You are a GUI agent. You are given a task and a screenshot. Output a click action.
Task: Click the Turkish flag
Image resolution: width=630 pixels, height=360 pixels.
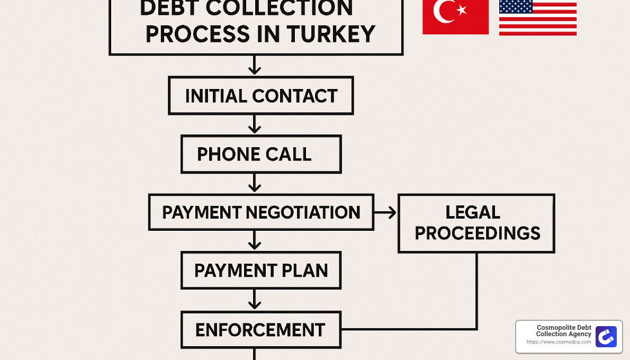pyautogui.click(x=455, y=17)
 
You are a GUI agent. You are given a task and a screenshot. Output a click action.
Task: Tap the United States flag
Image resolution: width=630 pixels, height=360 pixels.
pyautogui.click(x=537, y=17)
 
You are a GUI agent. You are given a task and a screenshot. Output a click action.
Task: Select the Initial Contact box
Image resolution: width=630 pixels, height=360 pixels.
pyautogui.click(x=260, y=96)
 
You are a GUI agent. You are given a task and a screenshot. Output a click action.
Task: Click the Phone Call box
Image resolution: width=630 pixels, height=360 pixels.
pyautogui.click(x=260, y=154)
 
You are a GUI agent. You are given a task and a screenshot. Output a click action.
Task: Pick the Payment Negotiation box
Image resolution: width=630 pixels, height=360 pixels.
pyautogui.click(x=260, y=212)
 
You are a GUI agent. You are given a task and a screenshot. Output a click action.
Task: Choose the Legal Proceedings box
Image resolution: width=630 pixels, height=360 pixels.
pyautogui.click(x=476, y=223)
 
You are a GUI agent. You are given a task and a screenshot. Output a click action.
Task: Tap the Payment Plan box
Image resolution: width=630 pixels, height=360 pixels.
pyautogui.click(x=260, y=271)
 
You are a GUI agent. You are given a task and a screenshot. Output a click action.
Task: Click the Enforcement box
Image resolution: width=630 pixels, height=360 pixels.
pyautogui.click(x=260, y=329)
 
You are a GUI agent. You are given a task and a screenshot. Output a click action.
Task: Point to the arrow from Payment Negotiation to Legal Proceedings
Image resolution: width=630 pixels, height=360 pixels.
pyautogui.click(x=385, y=212)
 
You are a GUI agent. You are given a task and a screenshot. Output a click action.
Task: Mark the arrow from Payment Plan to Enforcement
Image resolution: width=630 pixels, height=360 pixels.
pyautogui.click(x=255, y=300)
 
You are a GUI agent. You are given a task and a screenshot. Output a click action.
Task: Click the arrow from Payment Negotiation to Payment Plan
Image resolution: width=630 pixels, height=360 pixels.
pyautogui.click(x=255, y=241)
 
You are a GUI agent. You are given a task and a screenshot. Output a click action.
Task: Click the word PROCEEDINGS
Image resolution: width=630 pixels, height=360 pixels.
pyautogui.click(x=477, y=233)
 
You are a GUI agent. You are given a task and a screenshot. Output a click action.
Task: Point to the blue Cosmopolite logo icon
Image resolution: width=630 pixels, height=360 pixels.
pyautogui.click(x=606, y=337)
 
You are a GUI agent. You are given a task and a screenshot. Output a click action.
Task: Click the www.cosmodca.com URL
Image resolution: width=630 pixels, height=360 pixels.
pyautogui.click(x=559, y=343)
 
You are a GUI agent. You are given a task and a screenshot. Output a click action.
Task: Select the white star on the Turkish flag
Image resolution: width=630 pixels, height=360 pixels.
pyautogui.click(x=462, y=10)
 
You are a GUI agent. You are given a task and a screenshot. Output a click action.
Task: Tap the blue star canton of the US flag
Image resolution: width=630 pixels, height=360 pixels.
pyautogui.click(x=516, y=6)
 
